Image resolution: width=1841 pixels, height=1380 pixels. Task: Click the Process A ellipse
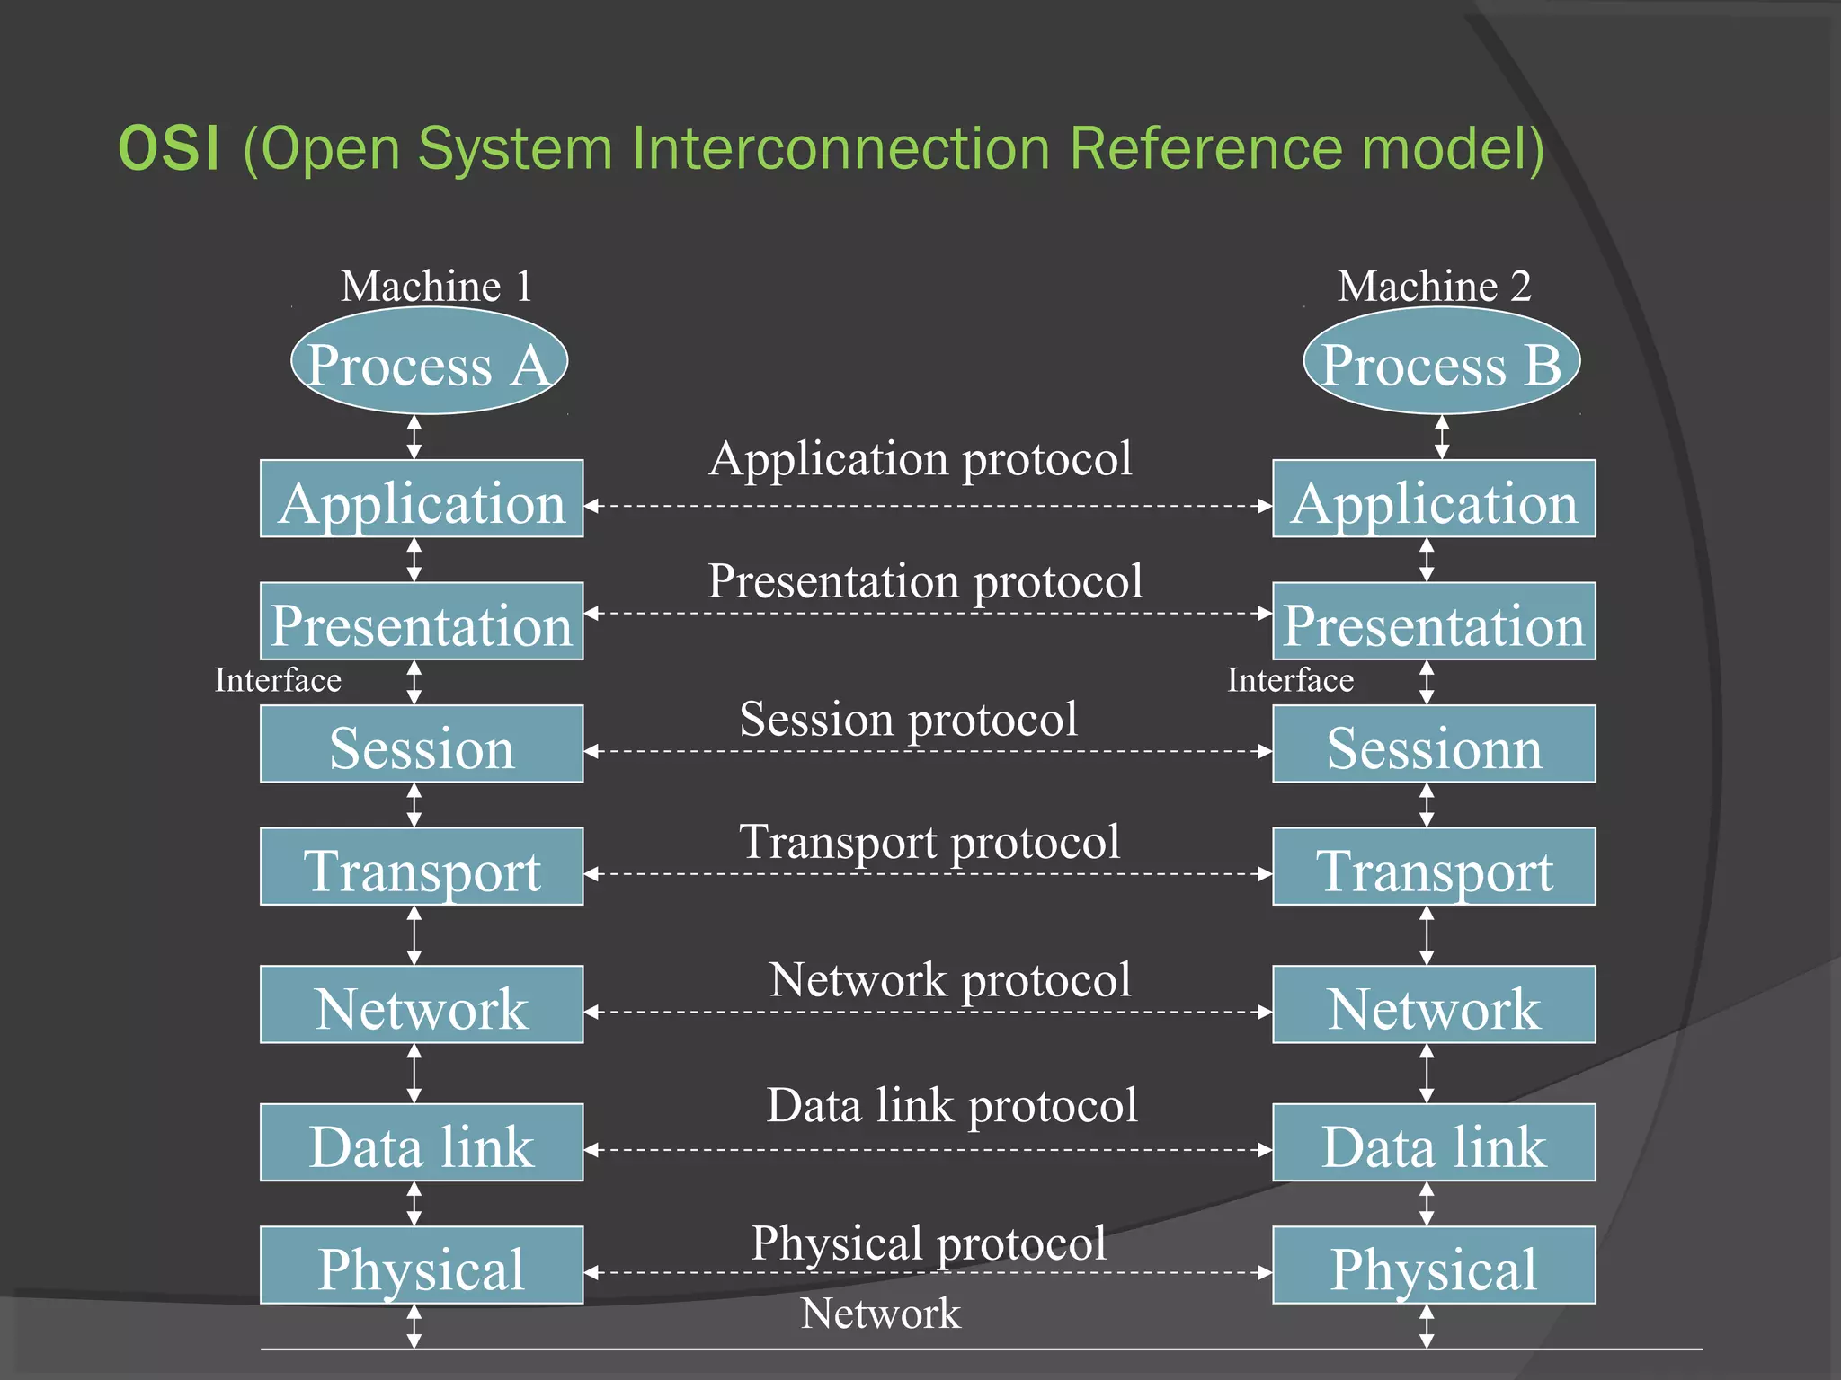[x=429, y=361]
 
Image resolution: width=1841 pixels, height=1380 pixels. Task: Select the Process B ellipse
[x=1441, y=361]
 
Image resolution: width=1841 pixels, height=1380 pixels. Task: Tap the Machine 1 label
[x=437, y=287]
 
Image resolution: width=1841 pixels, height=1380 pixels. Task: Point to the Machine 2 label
[x=1434, y=287]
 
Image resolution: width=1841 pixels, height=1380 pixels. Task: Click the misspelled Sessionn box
[x=1434, y=745]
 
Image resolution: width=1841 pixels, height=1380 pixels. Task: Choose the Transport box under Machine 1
[x=422, y=867]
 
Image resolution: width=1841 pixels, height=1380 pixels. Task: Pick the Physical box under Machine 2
[x=1434, y=1266]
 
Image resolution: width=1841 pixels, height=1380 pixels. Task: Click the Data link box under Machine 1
[x=422, y=1143]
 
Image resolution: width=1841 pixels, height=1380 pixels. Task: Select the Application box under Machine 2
[x=1434, y=500]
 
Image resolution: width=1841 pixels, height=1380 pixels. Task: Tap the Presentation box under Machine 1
[x=422, y=622]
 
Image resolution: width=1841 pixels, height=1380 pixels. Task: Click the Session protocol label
[x=908, y=720]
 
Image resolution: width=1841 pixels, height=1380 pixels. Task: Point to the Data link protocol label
[x=951, y=1105]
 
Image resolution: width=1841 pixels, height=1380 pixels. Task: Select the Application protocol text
[x=920, y=459]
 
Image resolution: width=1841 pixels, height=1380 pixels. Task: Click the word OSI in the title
[x=168, y=148]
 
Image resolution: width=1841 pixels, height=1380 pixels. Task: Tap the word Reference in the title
[x=1206, y=148]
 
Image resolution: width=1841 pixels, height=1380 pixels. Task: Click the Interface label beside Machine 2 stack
[x=1290, y=680]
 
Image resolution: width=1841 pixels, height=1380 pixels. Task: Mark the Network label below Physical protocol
[x=880, y=1314]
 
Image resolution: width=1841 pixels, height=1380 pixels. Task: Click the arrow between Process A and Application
[x=414, y=437]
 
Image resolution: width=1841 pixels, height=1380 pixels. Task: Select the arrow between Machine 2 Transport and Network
[x=1426, y=935]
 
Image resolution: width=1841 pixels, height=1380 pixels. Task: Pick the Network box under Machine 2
[x=1434, y=1005]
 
